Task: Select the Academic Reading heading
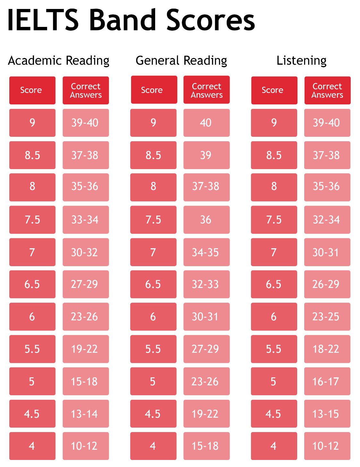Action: (x=59, y=61)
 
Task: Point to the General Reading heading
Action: (x=181, y=61)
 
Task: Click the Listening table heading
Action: (x=301, y=61)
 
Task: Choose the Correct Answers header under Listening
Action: (x=327, y=90)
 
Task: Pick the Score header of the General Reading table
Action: (x=154, y=90)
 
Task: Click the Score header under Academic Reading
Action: (x=32, y=90)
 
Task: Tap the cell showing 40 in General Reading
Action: (x=206, y=123)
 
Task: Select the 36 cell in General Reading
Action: (x=206, y=220)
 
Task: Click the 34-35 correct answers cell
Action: (x=206, y=252)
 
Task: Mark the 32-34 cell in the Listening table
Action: (x=327, y=220)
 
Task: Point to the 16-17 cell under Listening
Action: (x=327, y=381)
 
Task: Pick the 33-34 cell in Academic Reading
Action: (x=86, y=220)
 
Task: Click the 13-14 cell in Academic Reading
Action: (x=86, y=414)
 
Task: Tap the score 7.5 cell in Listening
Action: (x=274, y=220)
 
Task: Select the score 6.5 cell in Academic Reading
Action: (x=32, y=284)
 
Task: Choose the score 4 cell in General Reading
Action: (x=153, y=446)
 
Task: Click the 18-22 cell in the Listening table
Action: (x=327, y=349)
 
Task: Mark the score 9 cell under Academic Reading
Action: (x=32, y=123)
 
